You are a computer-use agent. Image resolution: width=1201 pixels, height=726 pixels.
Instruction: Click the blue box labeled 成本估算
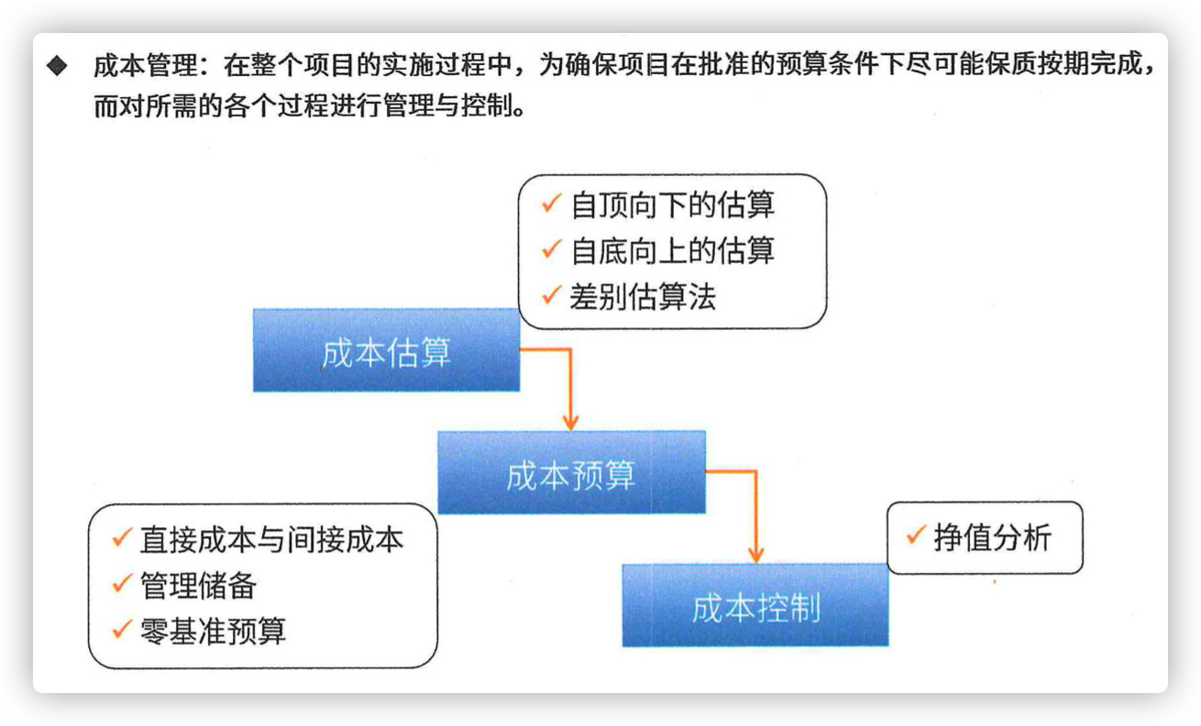point(386,350)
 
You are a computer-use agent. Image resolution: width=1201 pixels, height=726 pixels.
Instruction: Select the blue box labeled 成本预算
point(571,472)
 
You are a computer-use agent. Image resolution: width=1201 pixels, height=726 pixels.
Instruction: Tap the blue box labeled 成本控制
point(755,605)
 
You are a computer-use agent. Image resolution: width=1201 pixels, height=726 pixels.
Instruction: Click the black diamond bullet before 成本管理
point(57,65)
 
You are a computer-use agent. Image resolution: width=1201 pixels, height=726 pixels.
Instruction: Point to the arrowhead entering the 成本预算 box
point(571,422)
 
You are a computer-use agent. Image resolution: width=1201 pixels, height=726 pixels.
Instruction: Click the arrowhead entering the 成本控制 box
point(756,555)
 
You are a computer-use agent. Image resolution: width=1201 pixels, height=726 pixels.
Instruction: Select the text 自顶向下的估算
point(672,204)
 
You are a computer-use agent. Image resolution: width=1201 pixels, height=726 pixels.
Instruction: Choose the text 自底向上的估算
point(672,250)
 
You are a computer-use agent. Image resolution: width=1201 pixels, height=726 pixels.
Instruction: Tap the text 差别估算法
point(643,296)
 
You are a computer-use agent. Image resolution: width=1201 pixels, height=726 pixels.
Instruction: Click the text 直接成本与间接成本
point(271,539)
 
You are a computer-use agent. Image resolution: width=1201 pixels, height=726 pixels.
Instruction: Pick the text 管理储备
point(198,585)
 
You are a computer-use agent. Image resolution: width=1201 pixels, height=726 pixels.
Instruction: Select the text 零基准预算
point(213,631)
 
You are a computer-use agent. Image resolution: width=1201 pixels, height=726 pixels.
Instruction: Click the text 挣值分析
point(993,537)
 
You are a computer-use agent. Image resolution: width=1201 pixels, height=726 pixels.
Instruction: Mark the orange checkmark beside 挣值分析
point(916,534)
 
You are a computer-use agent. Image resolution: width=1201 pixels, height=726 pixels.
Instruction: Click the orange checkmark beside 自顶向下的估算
point(551,203)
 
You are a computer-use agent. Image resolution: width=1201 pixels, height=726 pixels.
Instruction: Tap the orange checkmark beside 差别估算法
point(551,294)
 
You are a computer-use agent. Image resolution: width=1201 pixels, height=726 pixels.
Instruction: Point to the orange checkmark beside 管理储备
point(122,583)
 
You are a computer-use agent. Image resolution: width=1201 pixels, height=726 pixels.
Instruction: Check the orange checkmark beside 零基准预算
point(122,629)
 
